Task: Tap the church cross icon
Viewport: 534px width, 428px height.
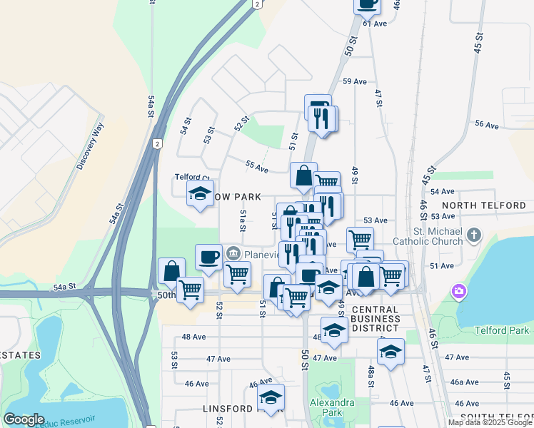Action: pos(473,235)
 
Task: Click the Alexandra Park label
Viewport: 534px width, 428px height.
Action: pos(332,407)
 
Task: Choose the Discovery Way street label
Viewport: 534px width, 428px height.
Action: pos(91,146)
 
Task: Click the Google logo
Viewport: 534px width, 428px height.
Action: pos(24,419)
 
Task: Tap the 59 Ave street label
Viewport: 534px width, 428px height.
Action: pos(355,81)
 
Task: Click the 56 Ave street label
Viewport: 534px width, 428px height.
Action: pos(486,125)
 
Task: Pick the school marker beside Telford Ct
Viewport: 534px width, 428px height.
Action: pos(200,193)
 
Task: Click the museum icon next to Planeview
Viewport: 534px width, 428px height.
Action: pos(233,253)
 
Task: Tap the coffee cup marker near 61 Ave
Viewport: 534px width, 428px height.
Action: pos(368,4)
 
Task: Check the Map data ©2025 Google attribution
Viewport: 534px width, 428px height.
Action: pos(489,422)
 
